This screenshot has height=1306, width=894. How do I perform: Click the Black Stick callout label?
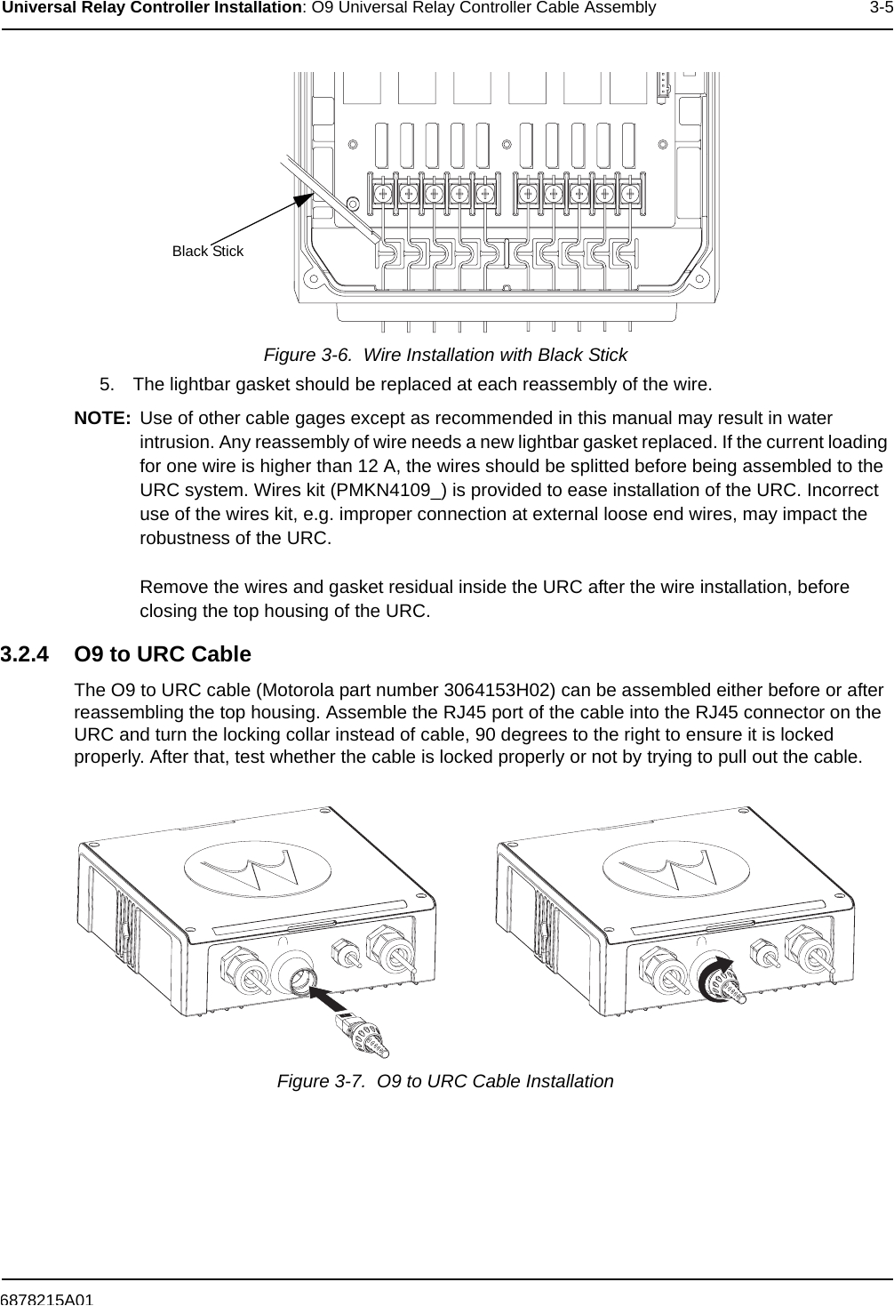pos(207,252)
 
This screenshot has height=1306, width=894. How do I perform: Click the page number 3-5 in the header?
pos(881,9)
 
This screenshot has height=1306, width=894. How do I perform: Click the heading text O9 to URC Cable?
pos(163,655)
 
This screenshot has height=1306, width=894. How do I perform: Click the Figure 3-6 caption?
pos(445,355)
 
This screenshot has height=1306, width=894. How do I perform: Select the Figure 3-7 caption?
pos(445,1081)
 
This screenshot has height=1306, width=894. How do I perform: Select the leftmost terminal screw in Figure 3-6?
pos(382,193)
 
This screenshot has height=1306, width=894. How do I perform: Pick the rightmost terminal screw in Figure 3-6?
pos(630,193)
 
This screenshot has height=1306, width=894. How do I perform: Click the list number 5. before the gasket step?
pos(108,385)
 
